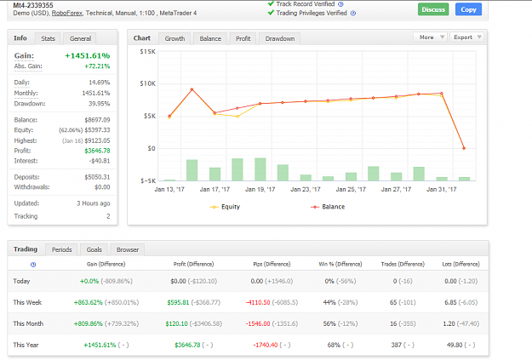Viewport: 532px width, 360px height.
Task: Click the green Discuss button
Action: (433, 9)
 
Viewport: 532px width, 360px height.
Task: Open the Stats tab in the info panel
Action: (48, 38)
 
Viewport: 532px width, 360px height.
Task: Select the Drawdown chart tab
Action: (279, 38)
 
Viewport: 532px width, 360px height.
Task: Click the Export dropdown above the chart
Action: (467, 37)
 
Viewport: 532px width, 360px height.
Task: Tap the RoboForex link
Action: (67, 14)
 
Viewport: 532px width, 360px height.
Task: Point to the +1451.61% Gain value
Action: (87, 55)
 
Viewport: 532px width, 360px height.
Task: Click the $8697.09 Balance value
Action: (97, 120)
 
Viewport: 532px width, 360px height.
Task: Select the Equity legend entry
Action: (225, 207)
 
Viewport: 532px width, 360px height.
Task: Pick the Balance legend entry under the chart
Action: (328, 207)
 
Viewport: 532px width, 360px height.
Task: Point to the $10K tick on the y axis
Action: (147, 83)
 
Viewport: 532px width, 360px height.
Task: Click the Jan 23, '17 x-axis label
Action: (306, 189)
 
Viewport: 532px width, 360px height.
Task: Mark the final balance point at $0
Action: (464, 148)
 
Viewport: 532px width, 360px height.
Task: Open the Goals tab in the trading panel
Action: (94, 249)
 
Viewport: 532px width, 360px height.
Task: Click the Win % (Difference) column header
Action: (340, 264)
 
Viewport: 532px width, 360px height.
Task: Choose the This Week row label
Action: (27, 302)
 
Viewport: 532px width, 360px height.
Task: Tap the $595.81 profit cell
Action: (178, 302)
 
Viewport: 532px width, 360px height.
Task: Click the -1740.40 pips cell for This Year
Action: (266, 345)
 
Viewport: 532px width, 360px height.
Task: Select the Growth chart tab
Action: (174, 38)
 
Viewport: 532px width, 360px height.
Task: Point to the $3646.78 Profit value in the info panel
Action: (97, 151)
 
